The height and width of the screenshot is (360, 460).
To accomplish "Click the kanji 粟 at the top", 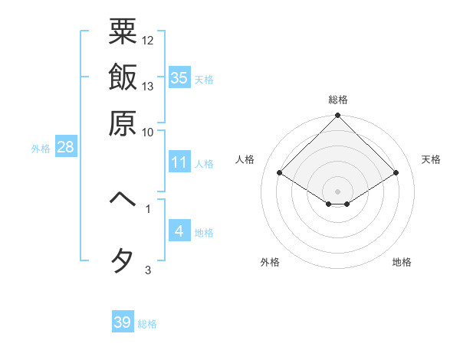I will coord(123,32).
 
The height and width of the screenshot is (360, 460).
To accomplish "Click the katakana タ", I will coord(123,261).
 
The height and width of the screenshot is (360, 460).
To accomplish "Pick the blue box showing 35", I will coord(179,77).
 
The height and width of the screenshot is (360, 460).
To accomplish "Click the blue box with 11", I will coord(179,162).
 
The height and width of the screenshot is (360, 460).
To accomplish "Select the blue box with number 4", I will coord(179,231).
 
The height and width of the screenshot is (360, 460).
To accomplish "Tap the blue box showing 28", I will coord(65,148).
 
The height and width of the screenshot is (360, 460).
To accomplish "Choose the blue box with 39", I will coord(123,322).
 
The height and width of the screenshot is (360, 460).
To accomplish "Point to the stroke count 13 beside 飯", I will coord(148,86).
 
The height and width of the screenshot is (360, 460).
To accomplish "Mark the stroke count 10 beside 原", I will coord(148,132).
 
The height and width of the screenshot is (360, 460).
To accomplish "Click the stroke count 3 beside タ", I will coord(148,269).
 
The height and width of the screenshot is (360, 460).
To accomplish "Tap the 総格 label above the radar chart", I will coord(337,100).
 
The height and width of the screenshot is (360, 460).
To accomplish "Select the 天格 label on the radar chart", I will coord(431,159).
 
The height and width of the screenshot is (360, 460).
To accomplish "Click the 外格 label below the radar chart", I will coord(270,263).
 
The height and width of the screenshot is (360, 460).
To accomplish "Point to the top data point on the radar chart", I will coord(337,116).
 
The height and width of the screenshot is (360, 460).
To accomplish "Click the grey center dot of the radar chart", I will coord(337,191).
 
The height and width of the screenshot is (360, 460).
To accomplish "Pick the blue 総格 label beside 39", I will coord(147,324).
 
